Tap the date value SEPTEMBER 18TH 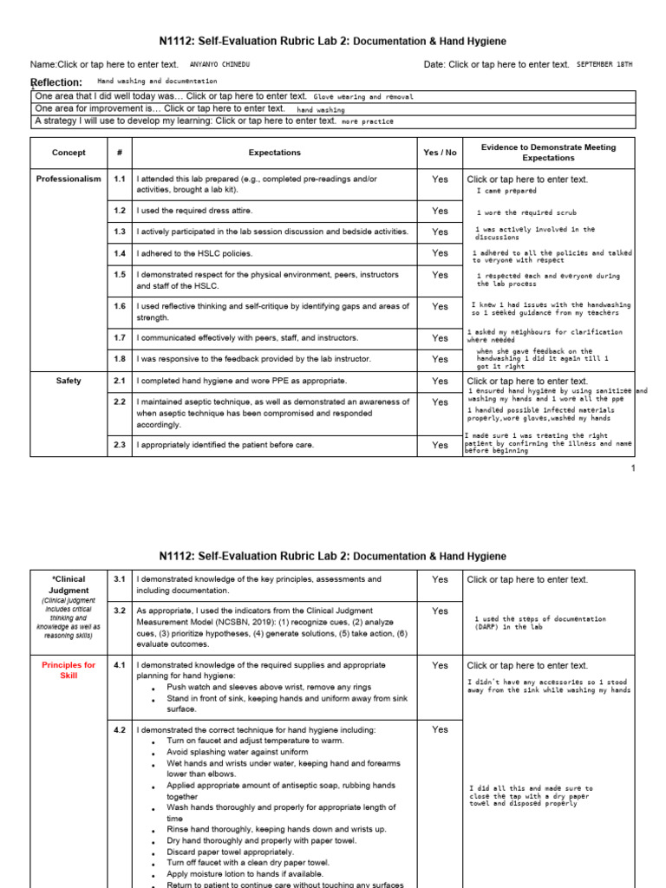(604, 64)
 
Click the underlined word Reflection (56, 82)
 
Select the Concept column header (69, 153)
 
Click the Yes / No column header (440, 153)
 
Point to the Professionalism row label (69, 180)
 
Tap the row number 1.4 (120, 253)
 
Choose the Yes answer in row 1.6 (440, 306)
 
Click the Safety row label (69, 381)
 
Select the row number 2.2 (120, 402)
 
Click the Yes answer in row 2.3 (440, 445)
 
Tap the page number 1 (633, 468)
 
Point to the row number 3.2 (120, 611)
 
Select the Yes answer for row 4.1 (440, 665)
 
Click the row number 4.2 (120, 730)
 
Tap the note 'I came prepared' (506, 191)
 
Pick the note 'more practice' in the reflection (362, 122)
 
